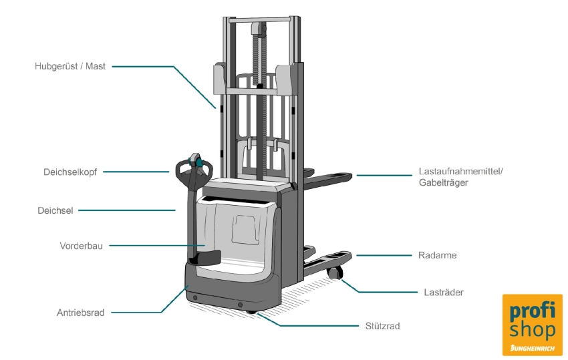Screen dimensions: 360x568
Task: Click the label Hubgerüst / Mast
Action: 70,67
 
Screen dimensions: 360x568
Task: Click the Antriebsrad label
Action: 80,312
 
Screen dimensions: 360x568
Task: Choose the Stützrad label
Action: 384,326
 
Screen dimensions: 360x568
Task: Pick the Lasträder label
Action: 443,292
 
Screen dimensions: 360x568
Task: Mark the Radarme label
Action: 437,255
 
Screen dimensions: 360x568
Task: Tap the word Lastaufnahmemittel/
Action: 460,171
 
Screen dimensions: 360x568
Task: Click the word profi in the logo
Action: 532,312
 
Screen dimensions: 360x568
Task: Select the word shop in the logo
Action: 532,330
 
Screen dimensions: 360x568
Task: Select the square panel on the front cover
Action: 244,229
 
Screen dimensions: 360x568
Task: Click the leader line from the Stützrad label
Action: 314,325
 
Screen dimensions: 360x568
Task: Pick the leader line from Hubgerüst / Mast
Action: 160,67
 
